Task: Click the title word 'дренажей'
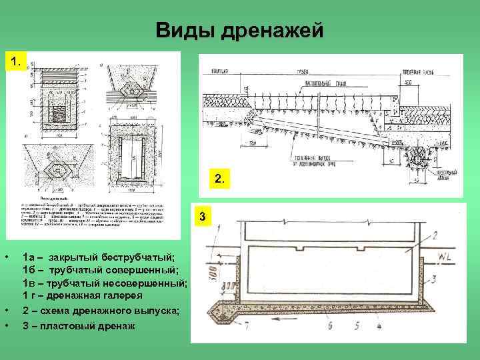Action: tap(278, 31)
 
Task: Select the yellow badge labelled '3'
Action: tap(203, 218)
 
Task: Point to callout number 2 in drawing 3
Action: tap(434, 235)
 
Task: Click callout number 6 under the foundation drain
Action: tap(329, 327)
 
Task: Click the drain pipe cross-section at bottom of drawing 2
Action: tap(420, 154)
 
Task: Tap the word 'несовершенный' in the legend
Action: tap(146, 283)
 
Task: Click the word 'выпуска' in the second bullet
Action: tap(154, 311)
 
